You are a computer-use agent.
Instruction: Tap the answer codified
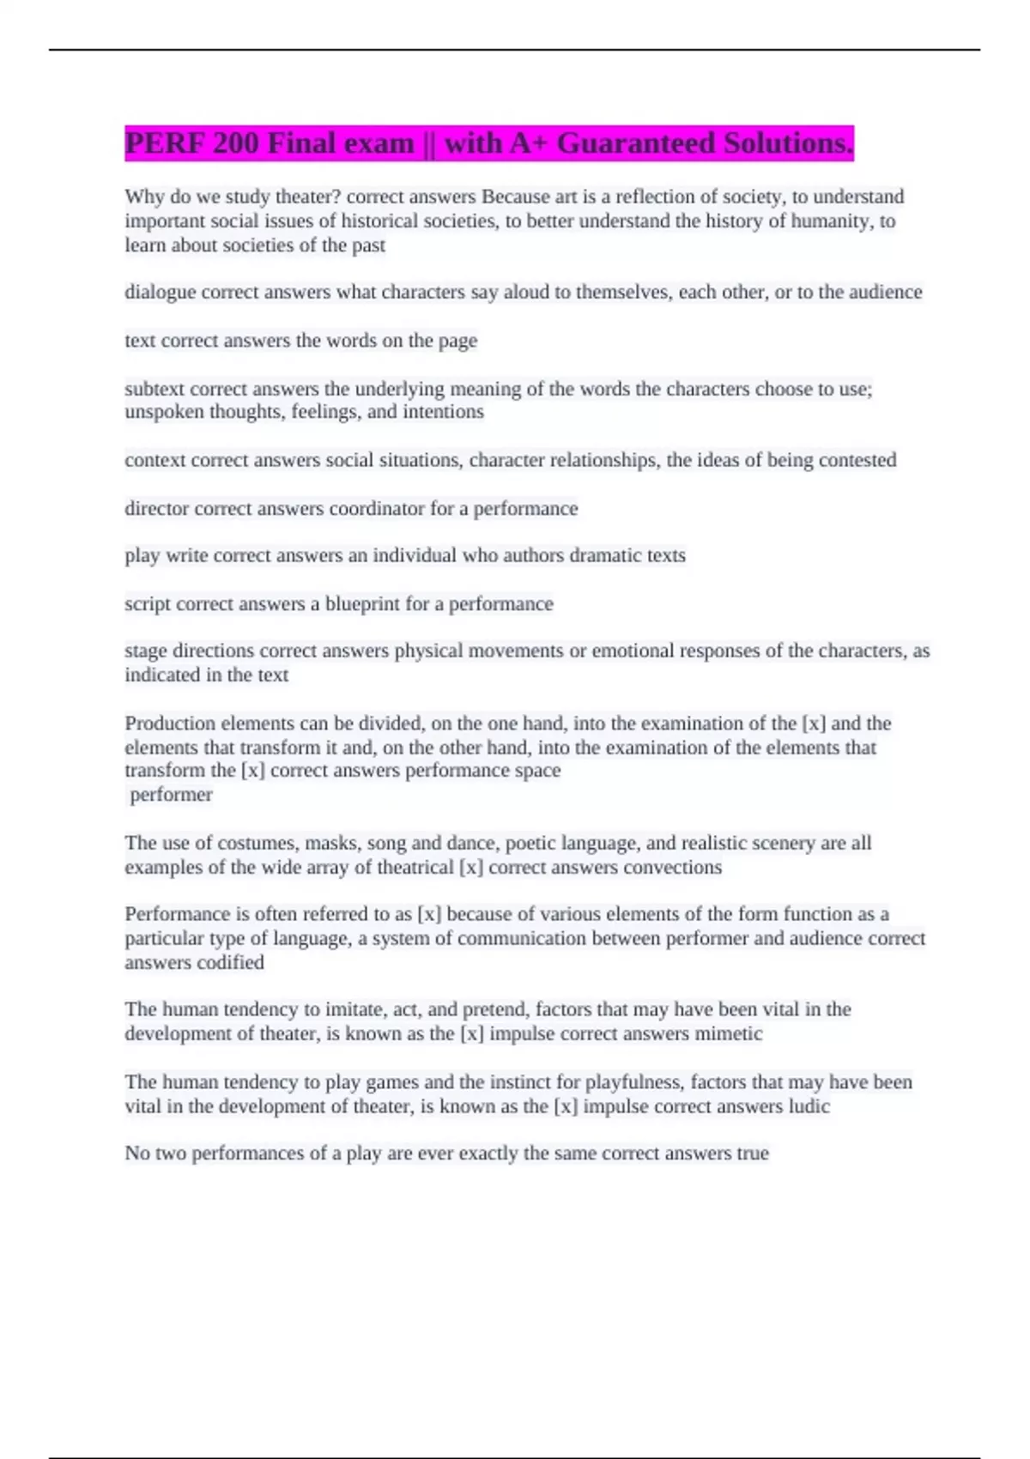click(229, 963)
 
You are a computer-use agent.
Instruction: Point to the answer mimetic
click(728, 1034)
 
